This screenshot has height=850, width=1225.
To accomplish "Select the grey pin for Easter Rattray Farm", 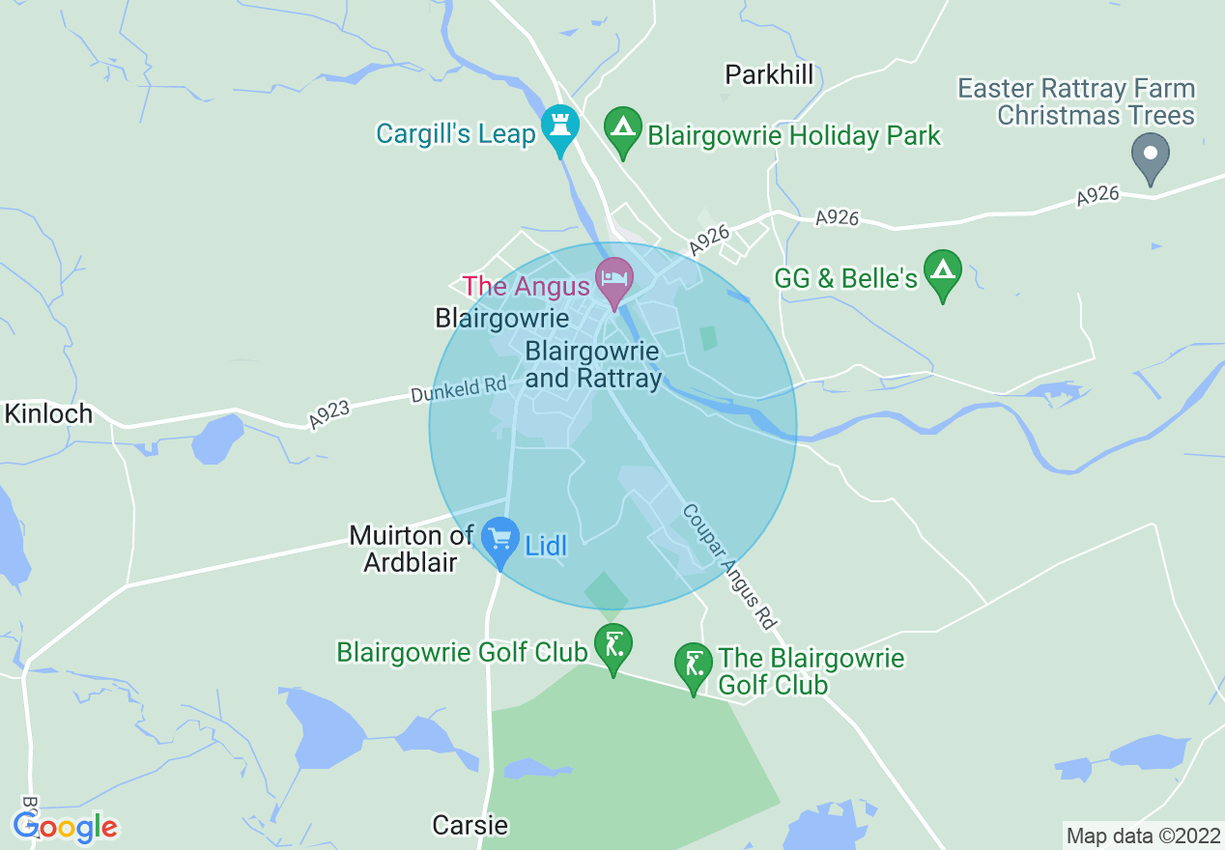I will point(1150,155).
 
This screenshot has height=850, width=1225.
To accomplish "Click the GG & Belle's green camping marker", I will point(943,270).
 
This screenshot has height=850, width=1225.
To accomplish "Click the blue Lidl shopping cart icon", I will point(500,538).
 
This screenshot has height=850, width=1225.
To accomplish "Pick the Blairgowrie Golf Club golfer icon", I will point(613,643).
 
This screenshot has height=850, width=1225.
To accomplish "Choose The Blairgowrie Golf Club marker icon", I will point(693,664).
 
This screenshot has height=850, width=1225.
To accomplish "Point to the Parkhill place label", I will point(769,74).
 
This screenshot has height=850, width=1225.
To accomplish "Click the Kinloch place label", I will point(48,414).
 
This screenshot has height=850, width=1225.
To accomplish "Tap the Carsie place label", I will point(470,825).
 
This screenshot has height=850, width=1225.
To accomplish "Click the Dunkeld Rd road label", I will point(458,389).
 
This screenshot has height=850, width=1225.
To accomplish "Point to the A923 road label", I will point(330,414).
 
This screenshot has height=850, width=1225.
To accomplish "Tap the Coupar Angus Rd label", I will point(729,566).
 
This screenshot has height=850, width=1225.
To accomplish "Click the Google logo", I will point(65,827).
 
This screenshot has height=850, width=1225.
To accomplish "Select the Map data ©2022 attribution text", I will point(1142,835).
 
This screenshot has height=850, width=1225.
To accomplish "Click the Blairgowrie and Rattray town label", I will point(592,364).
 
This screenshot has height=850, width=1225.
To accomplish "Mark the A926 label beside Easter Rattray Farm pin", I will point(1097,197).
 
